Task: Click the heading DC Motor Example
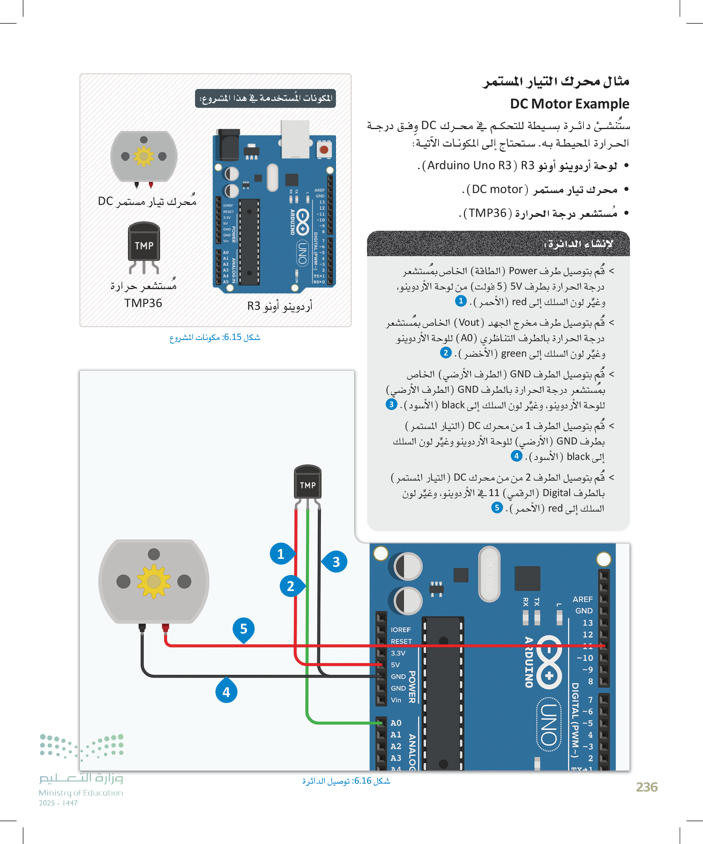569,104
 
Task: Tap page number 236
646,787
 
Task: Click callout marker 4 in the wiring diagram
226,691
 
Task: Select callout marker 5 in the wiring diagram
243,629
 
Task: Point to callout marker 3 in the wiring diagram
336,562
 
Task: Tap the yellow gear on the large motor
154,581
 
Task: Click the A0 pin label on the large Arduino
396,722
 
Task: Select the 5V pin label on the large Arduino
396,665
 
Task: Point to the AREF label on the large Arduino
582,599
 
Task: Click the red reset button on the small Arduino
324,150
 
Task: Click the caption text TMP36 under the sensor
143,303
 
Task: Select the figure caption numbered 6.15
214,337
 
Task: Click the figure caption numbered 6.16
346,780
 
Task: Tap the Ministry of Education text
81,792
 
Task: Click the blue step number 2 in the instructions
445,352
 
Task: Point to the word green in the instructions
514,353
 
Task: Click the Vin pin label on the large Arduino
396,700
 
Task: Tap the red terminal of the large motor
165,628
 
